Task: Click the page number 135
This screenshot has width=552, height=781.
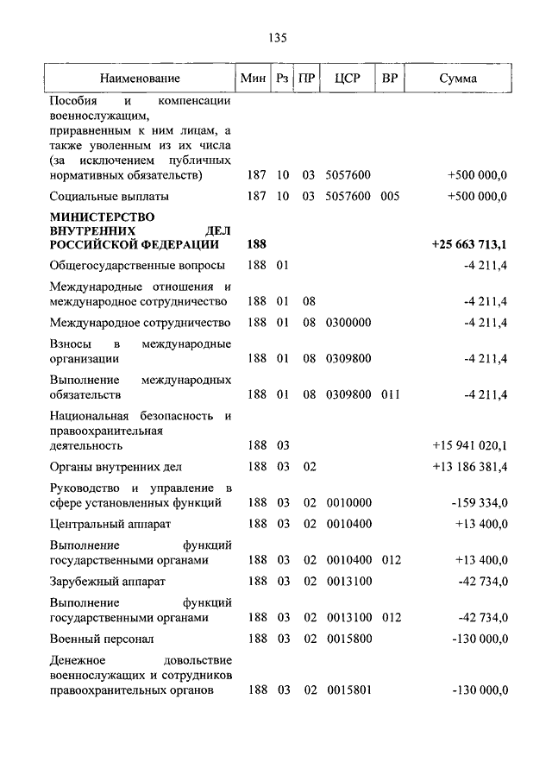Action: tap(276, 38)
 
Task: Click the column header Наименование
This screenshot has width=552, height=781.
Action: tap(140, 79)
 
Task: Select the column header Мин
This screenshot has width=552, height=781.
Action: tap(253, 79)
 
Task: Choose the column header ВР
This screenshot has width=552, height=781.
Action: tap(390, 79)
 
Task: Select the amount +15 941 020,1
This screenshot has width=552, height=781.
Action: tap(470, 446)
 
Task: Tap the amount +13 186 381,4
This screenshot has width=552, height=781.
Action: tap(470, 467)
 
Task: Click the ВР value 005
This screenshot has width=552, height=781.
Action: tap(390, 196)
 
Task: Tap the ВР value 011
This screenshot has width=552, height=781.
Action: tap(390, 394)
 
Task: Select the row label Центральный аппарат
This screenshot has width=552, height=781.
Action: tap(110, 524)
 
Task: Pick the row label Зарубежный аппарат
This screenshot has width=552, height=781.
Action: tap(107, 581)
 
